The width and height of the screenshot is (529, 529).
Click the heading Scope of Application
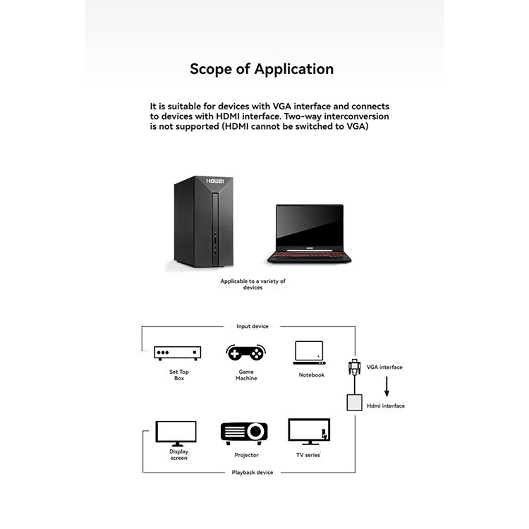click(262, 69)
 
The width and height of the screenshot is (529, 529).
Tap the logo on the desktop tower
click(215, 181)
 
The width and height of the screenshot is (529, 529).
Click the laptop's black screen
click(310, 226)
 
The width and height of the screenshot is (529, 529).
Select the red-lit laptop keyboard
click(309, 254)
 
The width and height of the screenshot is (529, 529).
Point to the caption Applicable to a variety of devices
click(253, 284)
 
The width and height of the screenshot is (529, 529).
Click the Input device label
click(253, 327)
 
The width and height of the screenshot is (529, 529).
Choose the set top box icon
click(178, 353)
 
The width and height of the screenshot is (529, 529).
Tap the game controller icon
click(246, 353)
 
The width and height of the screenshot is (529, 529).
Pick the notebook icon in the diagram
click(310, 353)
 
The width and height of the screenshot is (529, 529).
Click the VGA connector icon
click(354, 367)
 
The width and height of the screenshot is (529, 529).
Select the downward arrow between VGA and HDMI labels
click(387, 387)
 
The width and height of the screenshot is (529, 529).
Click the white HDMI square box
click(354, 403)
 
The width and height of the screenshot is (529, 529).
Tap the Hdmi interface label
click(386, 406)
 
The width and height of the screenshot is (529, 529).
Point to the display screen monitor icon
click(176, 434)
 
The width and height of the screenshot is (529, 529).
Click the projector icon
click(244, 433)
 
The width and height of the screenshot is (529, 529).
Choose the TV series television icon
click(309, 432)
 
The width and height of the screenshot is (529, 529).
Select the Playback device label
click(253, 473)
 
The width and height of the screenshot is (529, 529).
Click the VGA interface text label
click(384, 367)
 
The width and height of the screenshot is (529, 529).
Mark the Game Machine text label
click(246, 375)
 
